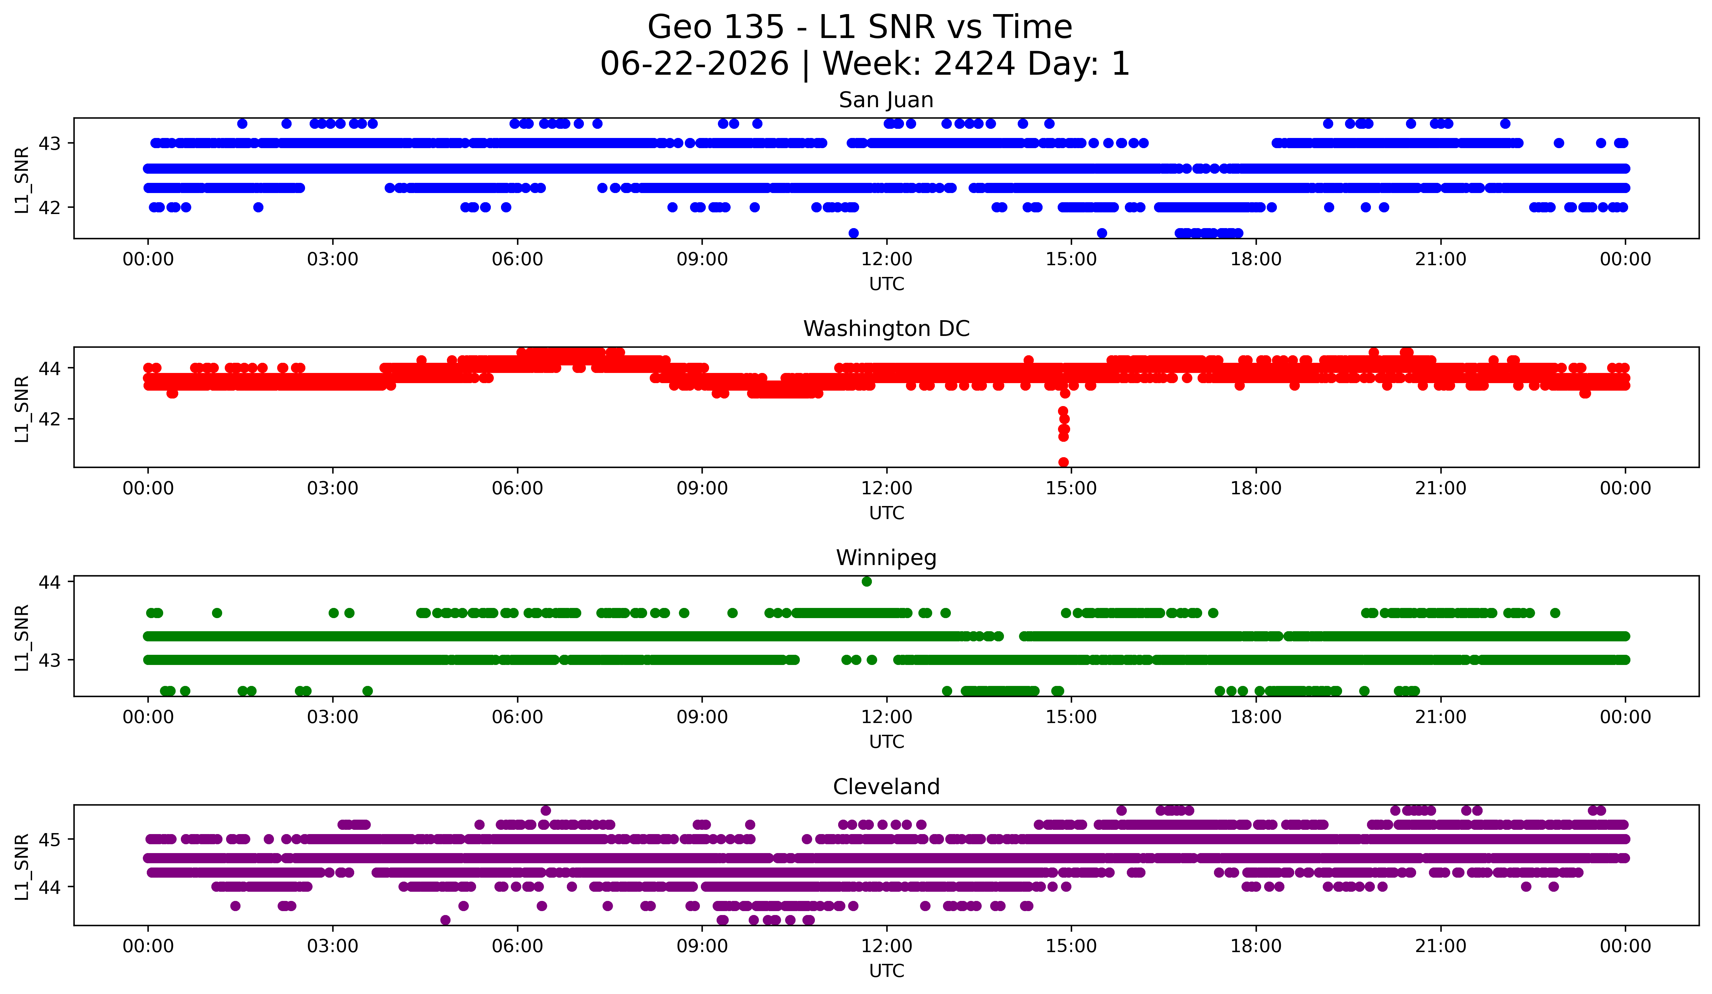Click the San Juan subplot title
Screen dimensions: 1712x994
point(886,100)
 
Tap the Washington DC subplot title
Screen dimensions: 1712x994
point(886,329)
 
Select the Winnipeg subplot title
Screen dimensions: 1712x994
point(886,558)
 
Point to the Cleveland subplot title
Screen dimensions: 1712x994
point(886,787)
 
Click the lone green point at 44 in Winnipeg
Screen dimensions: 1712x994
point(866,582)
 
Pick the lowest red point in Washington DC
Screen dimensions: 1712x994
point(1063,462)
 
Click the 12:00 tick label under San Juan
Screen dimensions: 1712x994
point(887,259)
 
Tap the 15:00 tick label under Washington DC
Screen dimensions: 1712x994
point(1071,488)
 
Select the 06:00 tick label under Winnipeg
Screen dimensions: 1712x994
point(518,717)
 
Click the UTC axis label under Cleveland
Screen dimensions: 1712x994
point(887,970)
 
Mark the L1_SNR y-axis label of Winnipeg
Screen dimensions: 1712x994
point(22,637)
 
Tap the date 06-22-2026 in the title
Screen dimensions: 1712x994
point(694,64)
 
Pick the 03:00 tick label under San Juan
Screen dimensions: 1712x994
point(333,259)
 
